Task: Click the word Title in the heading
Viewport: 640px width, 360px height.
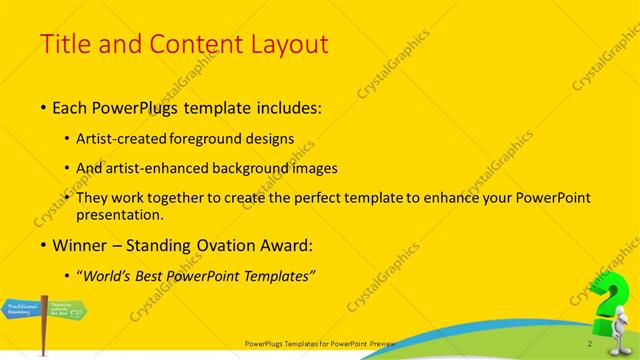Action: pos(62,44)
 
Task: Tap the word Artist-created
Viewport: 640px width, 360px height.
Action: pos(121,140)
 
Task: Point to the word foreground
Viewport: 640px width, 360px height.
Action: pos(203,140)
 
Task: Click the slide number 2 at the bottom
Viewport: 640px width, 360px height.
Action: pos(590,344)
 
